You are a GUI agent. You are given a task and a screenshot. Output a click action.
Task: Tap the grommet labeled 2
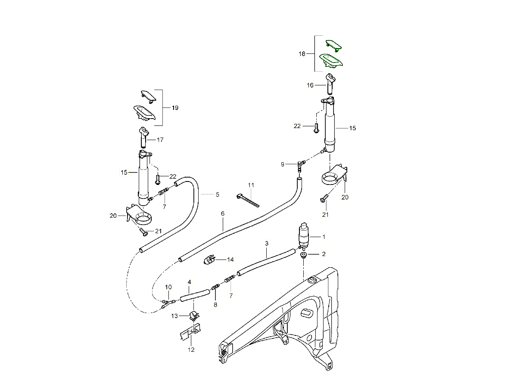(x=303, y=255)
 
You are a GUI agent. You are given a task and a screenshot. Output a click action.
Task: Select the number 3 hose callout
(x=267, y=244)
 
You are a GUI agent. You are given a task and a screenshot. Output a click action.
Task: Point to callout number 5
(x=217, y=194)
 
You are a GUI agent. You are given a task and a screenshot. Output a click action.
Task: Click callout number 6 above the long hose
(x=223, y=213)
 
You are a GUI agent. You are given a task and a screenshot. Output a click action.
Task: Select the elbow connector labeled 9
(x=301, y=164)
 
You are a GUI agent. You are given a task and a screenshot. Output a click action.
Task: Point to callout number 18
(x=302, y=54)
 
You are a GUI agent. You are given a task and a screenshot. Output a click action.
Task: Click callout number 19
(x=175, y=108)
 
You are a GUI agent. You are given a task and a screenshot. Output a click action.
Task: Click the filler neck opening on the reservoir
(x=311, y=281)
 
